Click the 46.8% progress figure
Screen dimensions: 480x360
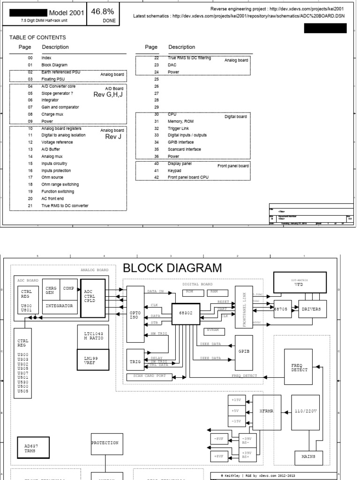[x=102, y=11]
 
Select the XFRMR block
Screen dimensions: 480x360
[x=266, y=411]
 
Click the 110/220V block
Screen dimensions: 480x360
[x=305, y=411]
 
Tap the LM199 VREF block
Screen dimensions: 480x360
[x=93, y=360]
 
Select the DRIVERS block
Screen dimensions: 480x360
[x=312, y=308]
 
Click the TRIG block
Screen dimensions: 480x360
[x=135, y=362]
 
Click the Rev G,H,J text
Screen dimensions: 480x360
[x=108, y=94]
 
